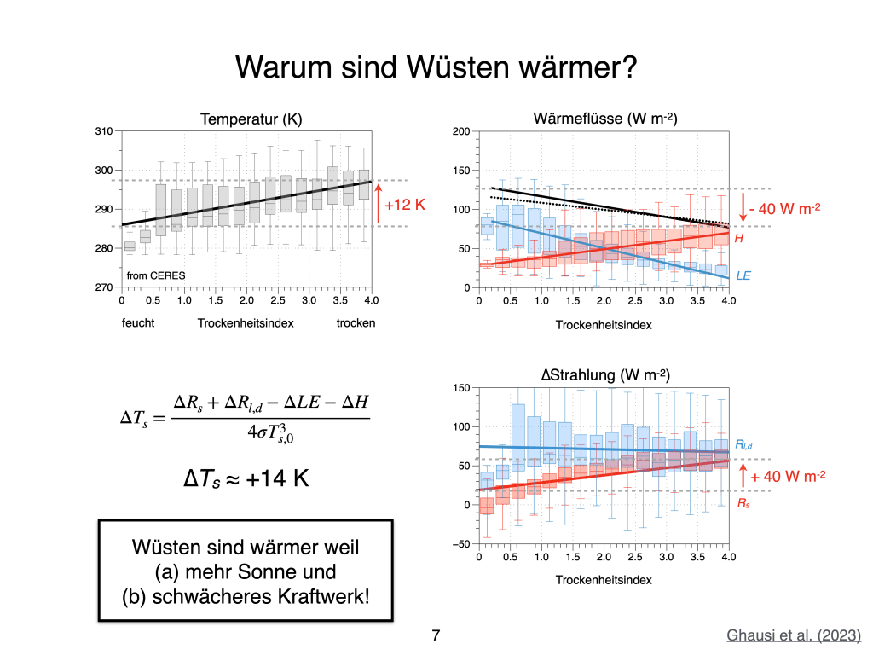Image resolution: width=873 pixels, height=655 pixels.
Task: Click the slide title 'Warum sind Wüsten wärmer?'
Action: (436, 67)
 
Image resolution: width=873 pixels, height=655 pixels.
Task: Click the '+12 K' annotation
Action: (404, 206)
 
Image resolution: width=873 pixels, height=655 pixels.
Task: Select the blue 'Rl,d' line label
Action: (743, 445)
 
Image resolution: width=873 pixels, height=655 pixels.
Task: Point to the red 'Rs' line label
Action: (743, 504)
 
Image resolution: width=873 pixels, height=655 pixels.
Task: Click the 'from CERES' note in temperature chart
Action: (156, 275)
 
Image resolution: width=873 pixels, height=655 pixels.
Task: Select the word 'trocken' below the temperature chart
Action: (356, 323)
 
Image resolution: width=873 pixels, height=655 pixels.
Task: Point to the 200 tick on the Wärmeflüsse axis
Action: (460, 131)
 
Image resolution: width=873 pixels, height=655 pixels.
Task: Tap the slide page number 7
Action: (436, 635)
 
